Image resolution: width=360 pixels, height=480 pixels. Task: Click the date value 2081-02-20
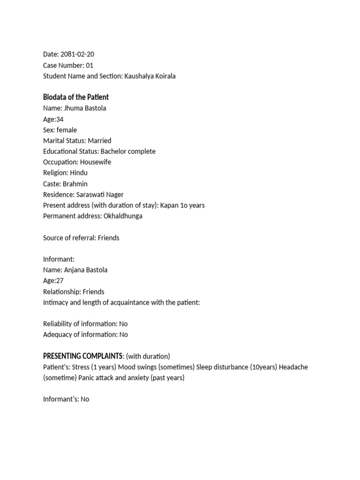tap(78, 54)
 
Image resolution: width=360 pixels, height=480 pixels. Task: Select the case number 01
tap(90, 65)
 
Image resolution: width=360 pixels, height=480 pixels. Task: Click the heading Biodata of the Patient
tap(76, 97)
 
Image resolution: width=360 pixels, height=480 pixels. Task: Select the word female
tap(67, 130)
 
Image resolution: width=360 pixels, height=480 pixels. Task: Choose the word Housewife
tap(96, 162)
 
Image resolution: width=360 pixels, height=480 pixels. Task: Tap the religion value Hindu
tap(78, 173)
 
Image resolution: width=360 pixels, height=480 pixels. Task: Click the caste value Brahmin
tap(75, 184)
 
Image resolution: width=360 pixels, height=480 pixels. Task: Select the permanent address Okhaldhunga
tap(123, 216)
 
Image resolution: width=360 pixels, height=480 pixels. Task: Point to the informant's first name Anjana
tap(74, 270)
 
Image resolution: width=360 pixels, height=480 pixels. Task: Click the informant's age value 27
tap(60, 281)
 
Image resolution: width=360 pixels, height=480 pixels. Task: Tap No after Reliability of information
tap(123, 324)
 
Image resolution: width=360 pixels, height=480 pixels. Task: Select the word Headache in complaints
tap(293, 367)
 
